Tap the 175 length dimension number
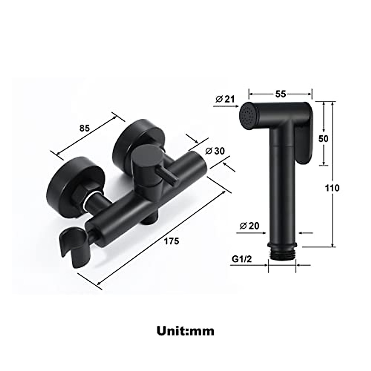171,241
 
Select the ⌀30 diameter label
215,151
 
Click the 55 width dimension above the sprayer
280,94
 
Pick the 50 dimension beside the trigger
323,139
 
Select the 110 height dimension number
332,188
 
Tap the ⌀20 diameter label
249,226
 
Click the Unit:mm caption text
185,331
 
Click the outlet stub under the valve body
150,218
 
